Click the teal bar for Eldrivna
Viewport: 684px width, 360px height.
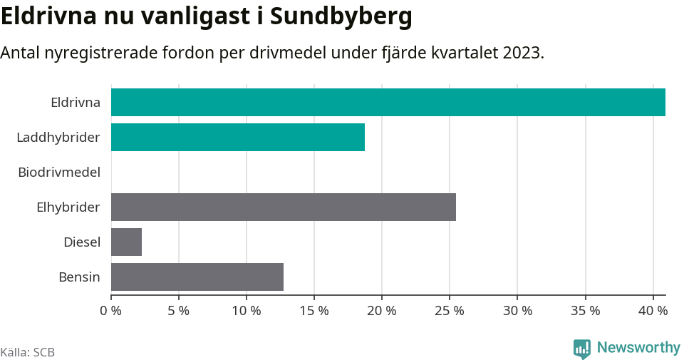(388, 102)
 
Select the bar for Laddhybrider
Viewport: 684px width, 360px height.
(237, 137)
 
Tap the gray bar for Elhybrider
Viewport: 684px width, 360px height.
(283, 207)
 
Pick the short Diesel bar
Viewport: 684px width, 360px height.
(126, 242)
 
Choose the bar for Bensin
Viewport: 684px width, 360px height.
(197, 277)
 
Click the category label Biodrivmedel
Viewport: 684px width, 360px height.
(58, 172)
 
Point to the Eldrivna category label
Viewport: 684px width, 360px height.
(75, 102)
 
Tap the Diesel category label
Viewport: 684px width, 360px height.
(81, 242)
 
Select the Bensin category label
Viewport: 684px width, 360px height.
(79, 277)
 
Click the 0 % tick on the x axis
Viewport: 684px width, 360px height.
(110, 311)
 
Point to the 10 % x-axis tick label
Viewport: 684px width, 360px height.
(246, 311)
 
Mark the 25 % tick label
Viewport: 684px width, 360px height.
(450, 311)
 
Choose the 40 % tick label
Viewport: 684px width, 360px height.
(653, 311)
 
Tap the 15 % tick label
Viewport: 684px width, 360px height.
(313, 311)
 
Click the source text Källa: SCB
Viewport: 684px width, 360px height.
(28, 352)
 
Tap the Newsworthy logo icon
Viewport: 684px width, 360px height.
(581, 349)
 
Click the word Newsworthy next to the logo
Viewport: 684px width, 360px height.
(638, 348)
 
